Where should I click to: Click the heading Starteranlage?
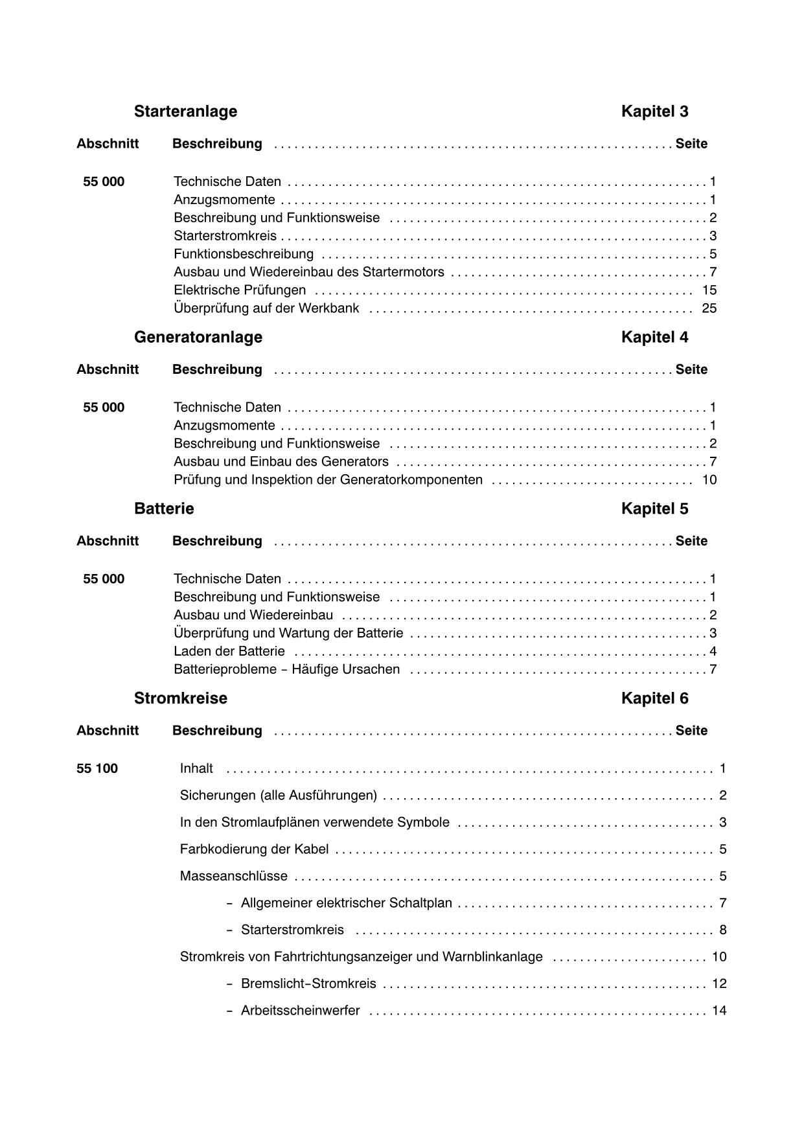click(x=185, y=111)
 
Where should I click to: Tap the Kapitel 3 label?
click(x=654, y=111)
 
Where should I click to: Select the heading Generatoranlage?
click(x=198, y=337)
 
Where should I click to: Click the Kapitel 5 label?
click(x=654, y=509)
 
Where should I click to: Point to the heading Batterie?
click(x=164, y=509)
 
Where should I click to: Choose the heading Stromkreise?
click(x=180, y=698)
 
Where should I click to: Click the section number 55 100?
click(x=97, y=768)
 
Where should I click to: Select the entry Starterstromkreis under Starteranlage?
click(x=225, y=236)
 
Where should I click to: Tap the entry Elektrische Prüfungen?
click(x=240, y=290)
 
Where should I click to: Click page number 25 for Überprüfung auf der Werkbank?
click(x=709, y=308)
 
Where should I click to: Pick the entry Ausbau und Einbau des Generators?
click(x=281, y=462)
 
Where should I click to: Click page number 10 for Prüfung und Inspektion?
click(x=709, y=480)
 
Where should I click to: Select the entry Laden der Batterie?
click(x=229, y=651)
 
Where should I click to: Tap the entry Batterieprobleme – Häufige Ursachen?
click(x=286, y=669)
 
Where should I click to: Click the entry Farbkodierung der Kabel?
click(x=254, y=849)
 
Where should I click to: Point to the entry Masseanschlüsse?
click(x=233, y=876)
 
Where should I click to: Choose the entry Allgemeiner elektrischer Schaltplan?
click(x=346, y=903)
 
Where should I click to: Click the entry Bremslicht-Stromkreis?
click(x=308, y=983)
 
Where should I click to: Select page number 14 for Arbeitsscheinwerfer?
click(x=719, y=1011)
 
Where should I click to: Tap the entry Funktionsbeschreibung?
click(x=243, y=254)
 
